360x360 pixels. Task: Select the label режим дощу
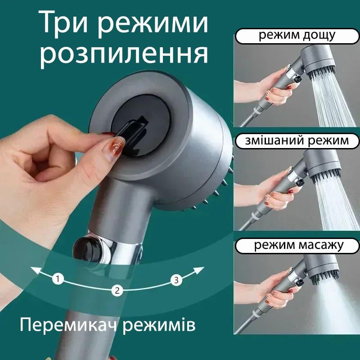coord(297,36)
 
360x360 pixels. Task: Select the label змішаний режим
coord(297,140)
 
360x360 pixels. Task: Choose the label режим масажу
coord(297,245)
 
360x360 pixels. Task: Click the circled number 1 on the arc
coord(57,279)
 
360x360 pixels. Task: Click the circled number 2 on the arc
coord(117,290)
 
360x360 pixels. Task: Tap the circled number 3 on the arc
coord(176,280)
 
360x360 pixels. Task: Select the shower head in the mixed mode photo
coord(320,165)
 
